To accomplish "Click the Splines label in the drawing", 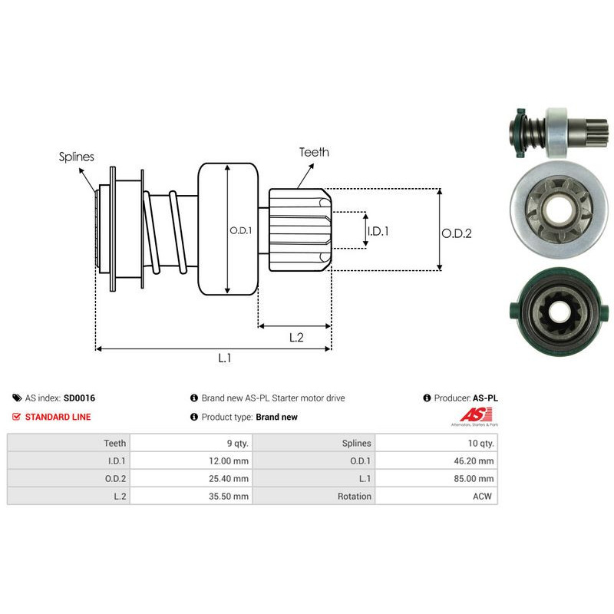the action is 76,157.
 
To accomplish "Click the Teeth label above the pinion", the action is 314,152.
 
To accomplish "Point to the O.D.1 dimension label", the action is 240,231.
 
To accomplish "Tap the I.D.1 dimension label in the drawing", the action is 378,232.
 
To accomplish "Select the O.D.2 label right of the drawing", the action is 457,233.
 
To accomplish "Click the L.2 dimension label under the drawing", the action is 296,338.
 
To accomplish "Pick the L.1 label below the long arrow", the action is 225,358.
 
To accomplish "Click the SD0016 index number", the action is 80,398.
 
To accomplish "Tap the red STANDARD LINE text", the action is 58,417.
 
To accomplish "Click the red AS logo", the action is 475,415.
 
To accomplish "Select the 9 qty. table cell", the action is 191,443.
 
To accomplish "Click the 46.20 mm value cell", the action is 436,461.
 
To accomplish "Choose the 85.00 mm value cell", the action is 436,478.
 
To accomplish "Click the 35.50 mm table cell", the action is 191,496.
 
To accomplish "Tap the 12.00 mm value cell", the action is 191,461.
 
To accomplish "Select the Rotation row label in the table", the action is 355,497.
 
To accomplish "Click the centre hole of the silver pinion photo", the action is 558,208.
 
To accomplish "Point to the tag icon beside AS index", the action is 17,398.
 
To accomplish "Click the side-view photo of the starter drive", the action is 560,133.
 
